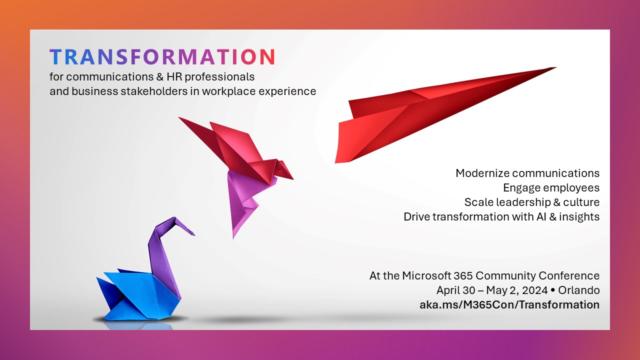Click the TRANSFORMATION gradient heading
162,57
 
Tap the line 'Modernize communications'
527,173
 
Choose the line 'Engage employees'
551,188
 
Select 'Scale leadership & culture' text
532,202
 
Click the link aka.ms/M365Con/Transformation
509,304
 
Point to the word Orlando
580,290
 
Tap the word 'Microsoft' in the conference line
427,276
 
